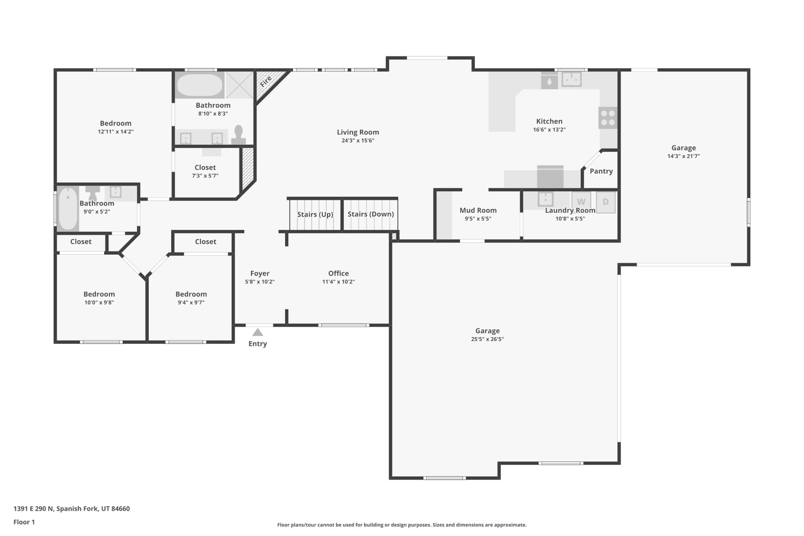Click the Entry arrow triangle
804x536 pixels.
[x=258, y=332]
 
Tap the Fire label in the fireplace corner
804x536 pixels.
[x=265, y=82]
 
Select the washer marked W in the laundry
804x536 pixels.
[x=581, y=202]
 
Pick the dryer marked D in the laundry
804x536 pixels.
[x=606, y=202]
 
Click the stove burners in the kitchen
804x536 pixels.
[x=608, y=118]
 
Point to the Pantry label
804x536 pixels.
[x=601, y=171]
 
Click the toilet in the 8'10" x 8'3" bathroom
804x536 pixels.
[x=239, y=135]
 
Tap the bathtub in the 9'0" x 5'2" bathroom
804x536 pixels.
[x=68, y=209]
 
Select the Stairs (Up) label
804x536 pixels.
[x=315, y=214]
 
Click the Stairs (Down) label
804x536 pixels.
[x=371, y=214]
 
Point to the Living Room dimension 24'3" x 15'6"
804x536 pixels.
[x=358, y=141]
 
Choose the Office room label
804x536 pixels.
[x=338, y=273]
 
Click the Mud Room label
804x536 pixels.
[x=478, y=210]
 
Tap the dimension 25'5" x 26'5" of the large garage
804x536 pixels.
[x=487, y=339]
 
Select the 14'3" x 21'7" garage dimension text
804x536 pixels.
[x=683, y=156]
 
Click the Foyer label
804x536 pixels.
[x=260, y=273]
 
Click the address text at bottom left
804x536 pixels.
[x=72, y=509]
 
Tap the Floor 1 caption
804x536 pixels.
[x=24, y=522]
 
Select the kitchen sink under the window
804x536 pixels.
[x=571, y=79]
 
